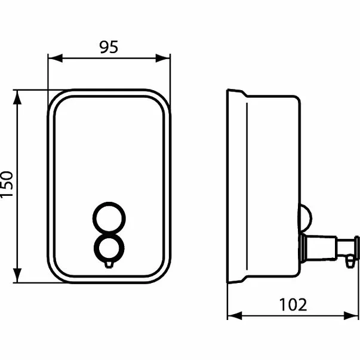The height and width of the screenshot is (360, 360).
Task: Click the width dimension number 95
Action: coord(108,47)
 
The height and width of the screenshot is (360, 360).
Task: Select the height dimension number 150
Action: coord(7,186)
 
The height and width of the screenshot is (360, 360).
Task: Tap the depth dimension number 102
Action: coord(294,304)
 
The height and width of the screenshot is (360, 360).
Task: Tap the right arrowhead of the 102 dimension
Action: coord(353,315)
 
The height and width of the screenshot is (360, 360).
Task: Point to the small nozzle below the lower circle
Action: coord(109,263)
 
